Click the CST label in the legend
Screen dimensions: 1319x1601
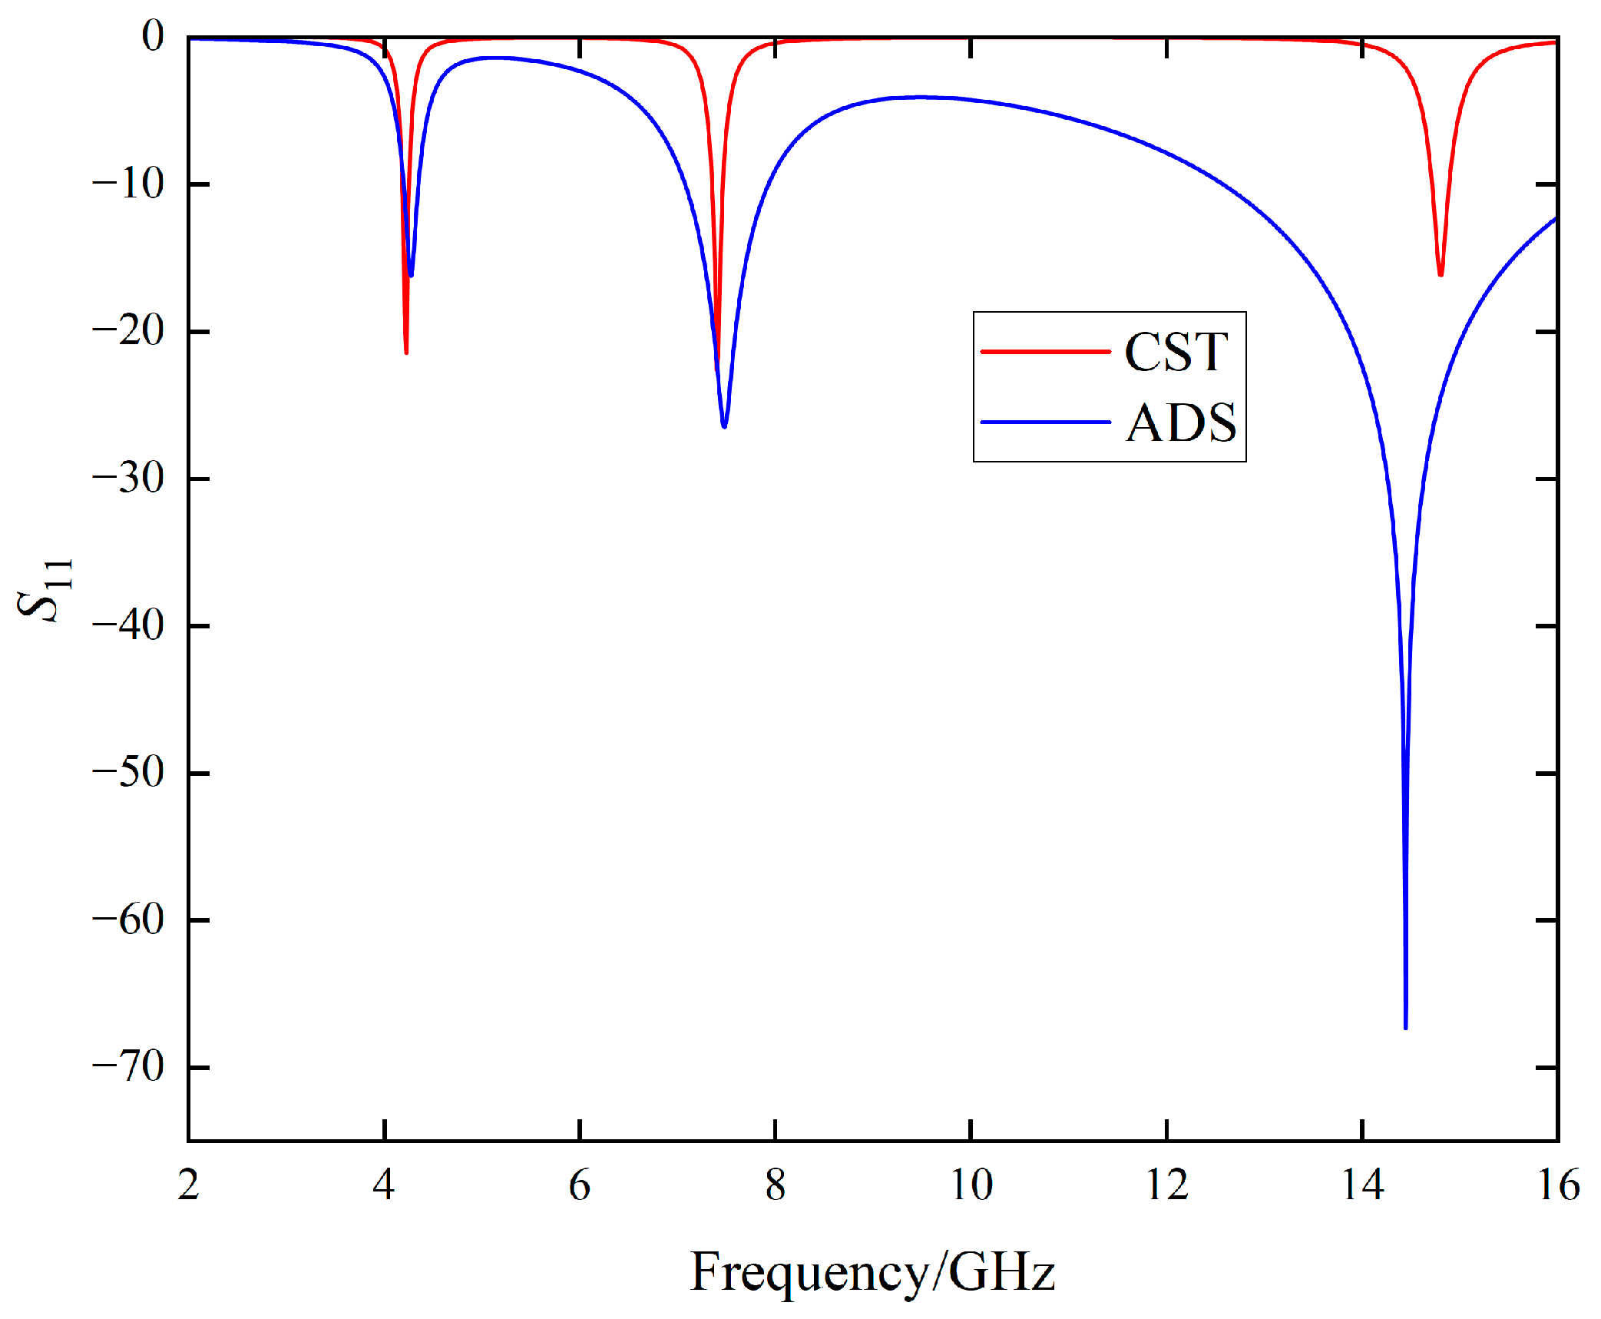coord(1176,353)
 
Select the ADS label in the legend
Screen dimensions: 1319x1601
coord(1181,423)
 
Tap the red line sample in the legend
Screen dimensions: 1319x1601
coord(1045,352)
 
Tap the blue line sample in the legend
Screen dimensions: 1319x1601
coord(1045,422)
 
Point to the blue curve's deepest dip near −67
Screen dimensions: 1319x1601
coord(1405,1026)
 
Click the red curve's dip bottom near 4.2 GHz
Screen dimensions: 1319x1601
coord(406,352)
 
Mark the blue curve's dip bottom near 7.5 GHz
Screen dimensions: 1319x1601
coord(724,426)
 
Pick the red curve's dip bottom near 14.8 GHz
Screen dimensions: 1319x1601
coord(1441,274)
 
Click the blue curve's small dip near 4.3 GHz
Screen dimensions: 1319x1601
coord(412,275)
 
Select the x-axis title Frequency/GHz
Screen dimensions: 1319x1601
coord(872,1271)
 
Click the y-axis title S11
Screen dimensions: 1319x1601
coord(45,589)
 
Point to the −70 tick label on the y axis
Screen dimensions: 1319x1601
coord(128,1067)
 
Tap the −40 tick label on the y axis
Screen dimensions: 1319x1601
coord(128,625)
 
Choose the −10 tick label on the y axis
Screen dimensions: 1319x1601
coord(128,184)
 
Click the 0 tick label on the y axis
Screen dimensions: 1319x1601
coord(153,36)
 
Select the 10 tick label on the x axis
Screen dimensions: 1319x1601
coord(971,1185)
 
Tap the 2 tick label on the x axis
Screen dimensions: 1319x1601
coord(189,1185)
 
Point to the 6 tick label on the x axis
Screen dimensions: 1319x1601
coord(580,1185)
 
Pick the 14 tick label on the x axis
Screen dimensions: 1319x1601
coord(1362,1185)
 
